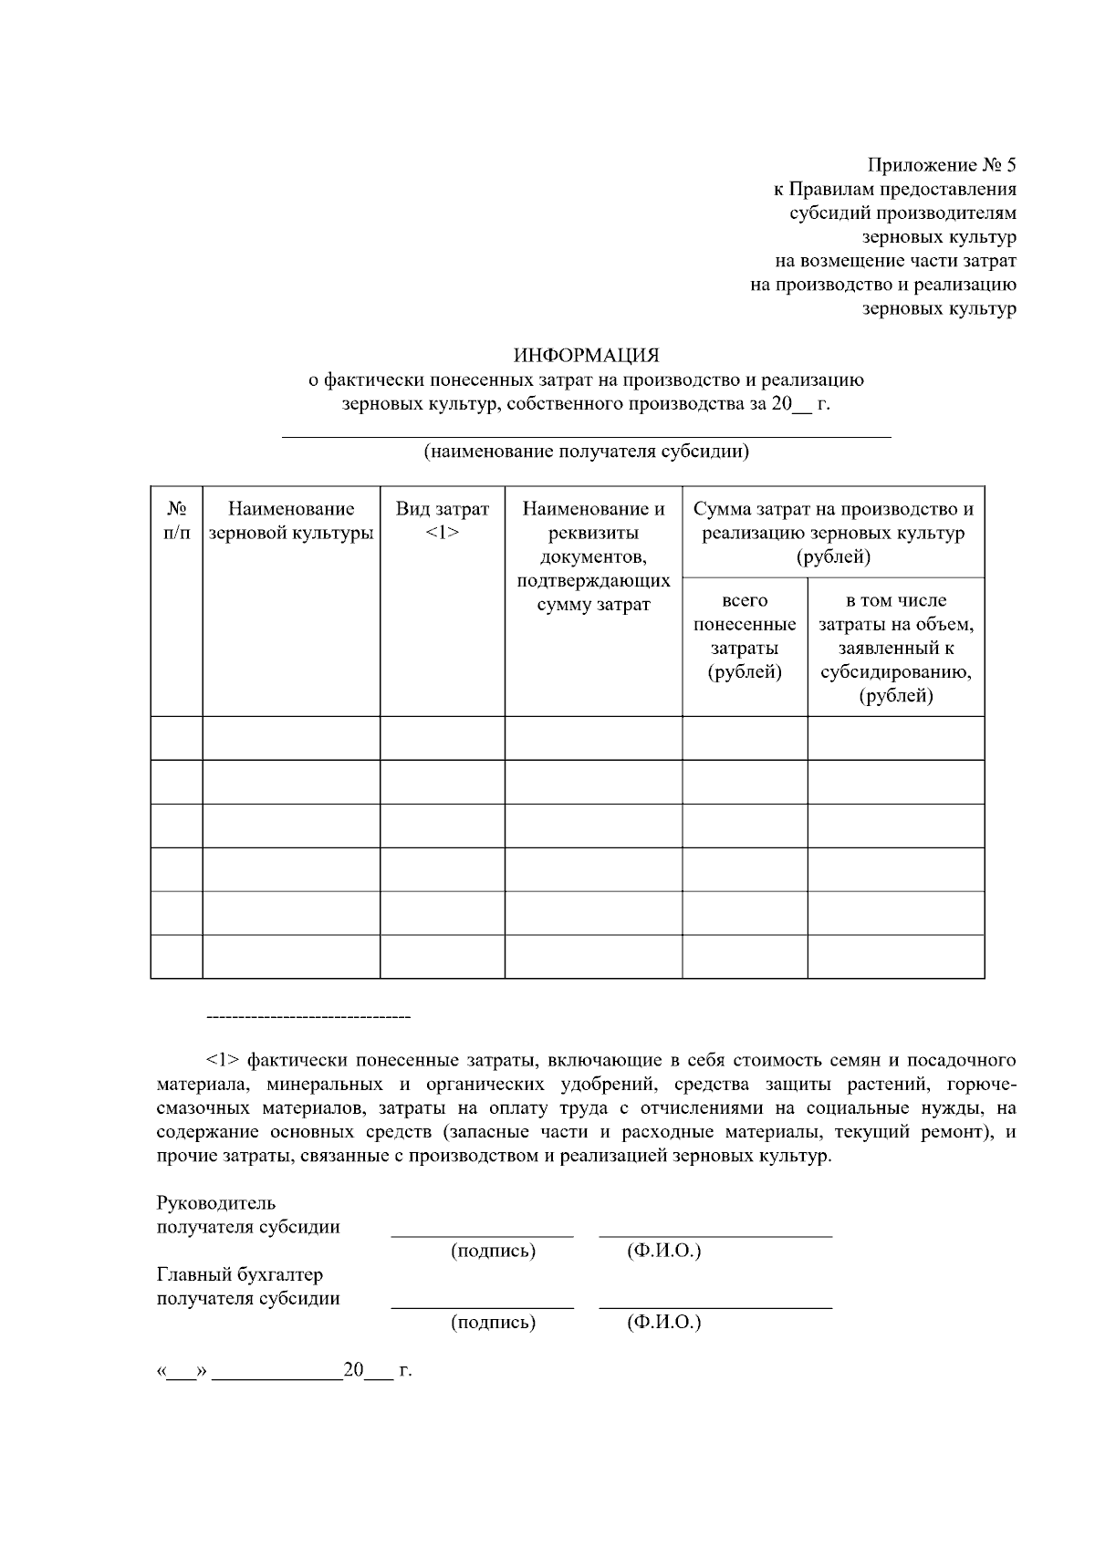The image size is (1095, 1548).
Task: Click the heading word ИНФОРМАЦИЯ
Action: pos(586,355)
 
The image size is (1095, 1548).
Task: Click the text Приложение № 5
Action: pos(941,166)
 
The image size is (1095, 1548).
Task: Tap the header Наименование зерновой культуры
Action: pos(291,521)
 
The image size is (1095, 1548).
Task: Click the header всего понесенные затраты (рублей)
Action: pos(745,637)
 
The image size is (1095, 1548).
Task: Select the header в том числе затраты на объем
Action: pos(895,649)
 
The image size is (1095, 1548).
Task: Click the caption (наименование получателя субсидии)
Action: pos(586,452)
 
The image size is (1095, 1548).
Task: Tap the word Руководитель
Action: pos(216,1203)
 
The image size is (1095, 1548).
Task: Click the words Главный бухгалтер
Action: pos(240,1274)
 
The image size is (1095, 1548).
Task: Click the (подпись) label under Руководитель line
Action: pos(493,1251)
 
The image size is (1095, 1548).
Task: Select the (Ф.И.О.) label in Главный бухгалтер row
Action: pos(663,1322)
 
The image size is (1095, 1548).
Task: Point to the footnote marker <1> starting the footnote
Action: pos(223,1061)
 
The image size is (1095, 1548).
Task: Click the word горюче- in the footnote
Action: pos(982,1085)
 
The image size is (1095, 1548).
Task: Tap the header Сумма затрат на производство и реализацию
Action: pos(833,533)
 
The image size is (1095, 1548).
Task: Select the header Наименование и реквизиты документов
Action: pos(593,556)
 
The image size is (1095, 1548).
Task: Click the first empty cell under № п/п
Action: pos(177,738)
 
